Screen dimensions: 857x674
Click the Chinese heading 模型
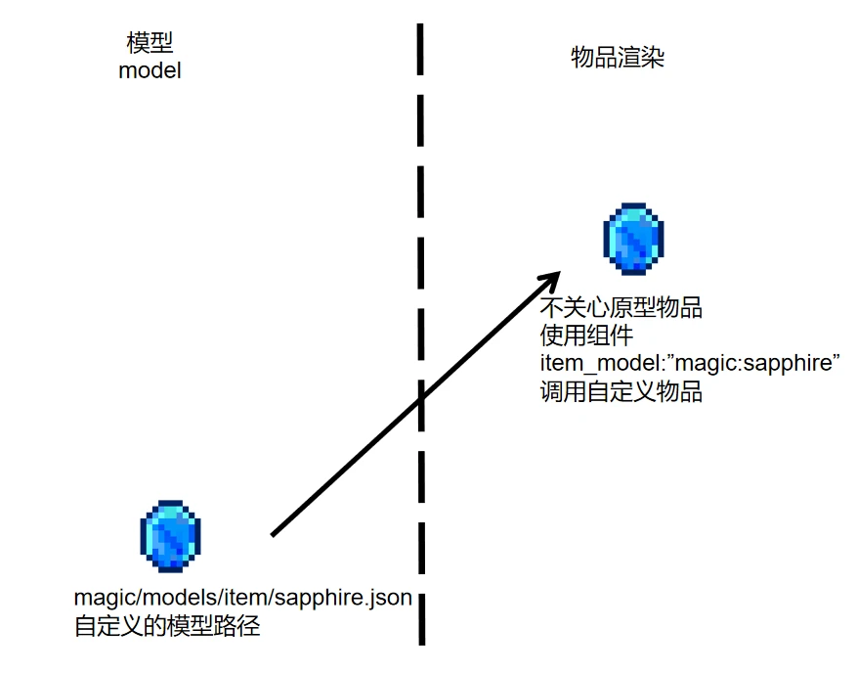click(x=150, y=43)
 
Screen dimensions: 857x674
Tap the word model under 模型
click(x=150, y=70)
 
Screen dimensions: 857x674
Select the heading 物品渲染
click(x=618, y=57)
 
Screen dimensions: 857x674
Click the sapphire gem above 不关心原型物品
click(x=633, y=239)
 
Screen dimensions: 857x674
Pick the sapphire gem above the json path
click(x=171, y=536)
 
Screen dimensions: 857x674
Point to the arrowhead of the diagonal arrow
click(x=560, y=273)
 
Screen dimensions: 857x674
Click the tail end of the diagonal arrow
click(x=273, y=534)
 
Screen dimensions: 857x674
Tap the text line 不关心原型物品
click(x=621, y=307)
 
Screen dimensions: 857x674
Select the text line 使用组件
click(x=586, y=336)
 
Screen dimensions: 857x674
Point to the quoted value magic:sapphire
click(x=757, y=363)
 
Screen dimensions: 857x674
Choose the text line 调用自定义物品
click(x=621, y=391)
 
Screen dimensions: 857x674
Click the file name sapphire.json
click(x=343, y=598)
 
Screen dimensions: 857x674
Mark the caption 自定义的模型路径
click(x=167, y=626)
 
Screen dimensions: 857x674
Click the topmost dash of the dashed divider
click(x=420, y=49)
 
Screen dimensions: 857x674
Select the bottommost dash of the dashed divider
click(x=422, y=619)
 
